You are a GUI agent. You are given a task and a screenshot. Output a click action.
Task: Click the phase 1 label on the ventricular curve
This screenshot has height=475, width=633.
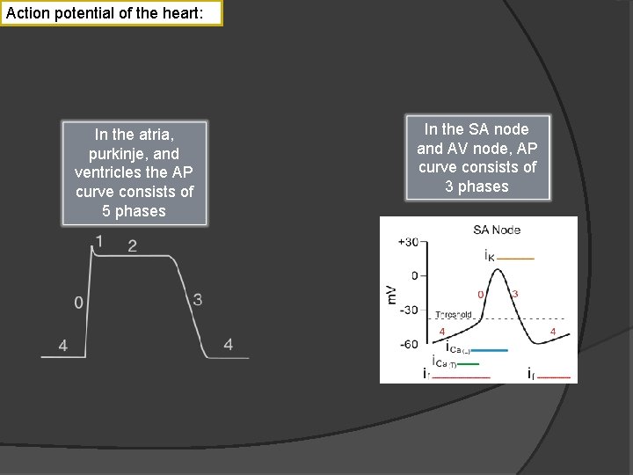tap(98, 240)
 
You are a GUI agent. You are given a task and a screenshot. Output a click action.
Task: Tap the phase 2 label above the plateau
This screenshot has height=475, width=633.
tap(132, 245)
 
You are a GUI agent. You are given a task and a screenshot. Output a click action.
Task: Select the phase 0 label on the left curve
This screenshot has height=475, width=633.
tap(79, 303)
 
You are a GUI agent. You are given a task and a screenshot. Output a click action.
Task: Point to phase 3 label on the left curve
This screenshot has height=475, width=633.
tap(198, 300)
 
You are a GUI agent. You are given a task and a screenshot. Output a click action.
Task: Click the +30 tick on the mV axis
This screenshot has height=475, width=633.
tap(408, 242)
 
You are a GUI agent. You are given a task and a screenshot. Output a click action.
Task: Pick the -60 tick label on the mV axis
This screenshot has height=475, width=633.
tap(408, 344)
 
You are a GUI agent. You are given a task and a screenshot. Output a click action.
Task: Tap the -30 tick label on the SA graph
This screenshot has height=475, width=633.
tap(408, 310)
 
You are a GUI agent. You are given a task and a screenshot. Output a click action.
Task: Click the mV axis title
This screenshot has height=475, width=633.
tap(392, 294)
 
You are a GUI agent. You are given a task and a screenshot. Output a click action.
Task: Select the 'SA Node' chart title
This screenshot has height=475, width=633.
tap(497, 230)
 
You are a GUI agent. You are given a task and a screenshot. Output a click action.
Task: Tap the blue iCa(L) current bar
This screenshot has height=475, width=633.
tap(491, 350)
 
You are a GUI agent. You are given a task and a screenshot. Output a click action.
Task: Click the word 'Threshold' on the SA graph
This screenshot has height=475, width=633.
tap(454, 314)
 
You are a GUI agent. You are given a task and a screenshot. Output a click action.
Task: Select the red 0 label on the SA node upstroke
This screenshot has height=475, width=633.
tap(480, 294)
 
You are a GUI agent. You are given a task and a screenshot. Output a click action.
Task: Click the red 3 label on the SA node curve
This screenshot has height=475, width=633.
tap(515, 294)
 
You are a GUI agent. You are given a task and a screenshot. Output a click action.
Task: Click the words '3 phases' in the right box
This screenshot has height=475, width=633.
tap(477, 186)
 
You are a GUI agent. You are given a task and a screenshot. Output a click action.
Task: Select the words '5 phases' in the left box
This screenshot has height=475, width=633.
tap(134, 211)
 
